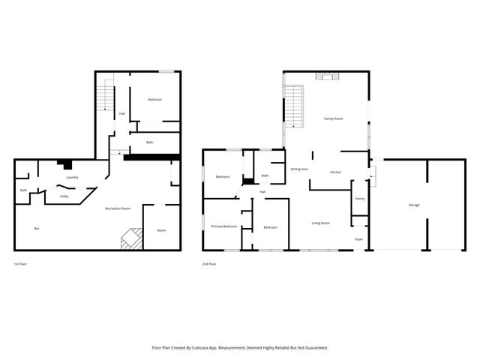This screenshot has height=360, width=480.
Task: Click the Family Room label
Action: (333, 118)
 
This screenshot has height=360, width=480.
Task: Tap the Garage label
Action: (414, 205)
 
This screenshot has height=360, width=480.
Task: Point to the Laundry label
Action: (73, 177)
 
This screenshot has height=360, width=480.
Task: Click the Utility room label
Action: (64, 196)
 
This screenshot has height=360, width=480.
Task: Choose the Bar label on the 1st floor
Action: (36, 228)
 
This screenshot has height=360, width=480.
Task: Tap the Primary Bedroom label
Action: (223, 226)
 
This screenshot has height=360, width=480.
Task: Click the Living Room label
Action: (321, 223)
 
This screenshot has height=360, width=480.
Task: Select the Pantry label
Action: (360, 199)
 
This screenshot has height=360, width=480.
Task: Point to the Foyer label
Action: (360, 239)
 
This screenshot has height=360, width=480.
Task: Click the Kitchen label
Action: (336, 172)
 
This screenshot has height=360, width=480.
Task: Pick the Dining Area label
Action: (299, 169)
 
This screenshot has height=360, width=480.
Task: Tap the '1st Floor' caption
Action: (21, 264)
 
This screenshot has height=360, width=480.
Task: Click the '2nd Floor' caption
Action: (209, 264)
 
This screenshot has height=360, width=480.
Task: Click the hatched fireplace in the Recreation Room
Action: (131, 238)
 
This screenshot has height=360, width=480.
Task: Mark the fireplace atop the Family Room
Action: (328, 75)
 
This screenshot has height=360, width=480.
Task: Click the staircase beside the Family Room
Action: (295, 105)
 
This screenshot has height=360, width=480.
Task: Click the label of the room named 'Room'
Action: (161, 230)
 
